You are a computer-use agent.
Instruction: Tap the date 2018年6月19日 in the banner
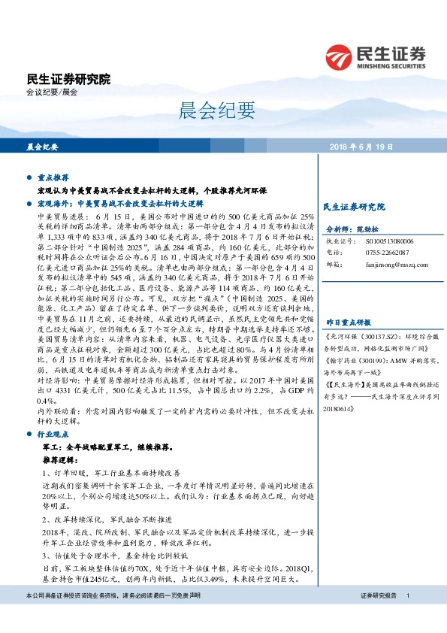pos(361,147)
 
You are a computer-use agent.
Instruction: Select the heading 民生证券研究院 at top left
pos(68,79)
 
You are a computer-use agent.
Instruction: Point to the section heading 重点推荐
pos(53,177)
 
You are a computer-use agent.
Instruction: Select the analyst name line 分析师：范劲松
pos(352,229)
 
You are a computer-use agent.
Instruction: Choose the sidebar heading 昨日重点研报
pos(348,298)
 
